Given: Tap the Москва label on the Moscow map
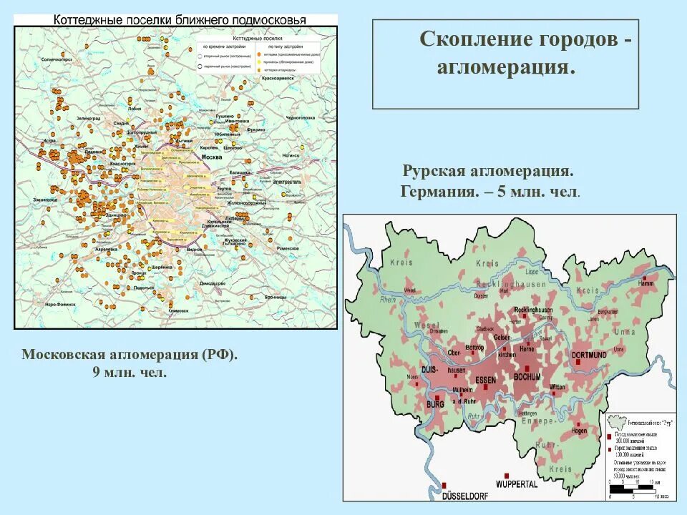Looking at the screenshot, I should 212,157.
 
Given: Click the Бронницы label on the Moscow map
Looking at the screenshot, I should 274,296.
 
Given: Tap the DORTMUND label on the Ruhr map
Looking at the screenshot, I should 589,355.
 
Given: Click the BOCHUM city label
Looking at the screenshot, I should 527,377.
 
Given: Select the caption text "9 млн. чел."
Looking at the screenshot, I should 129,372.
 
